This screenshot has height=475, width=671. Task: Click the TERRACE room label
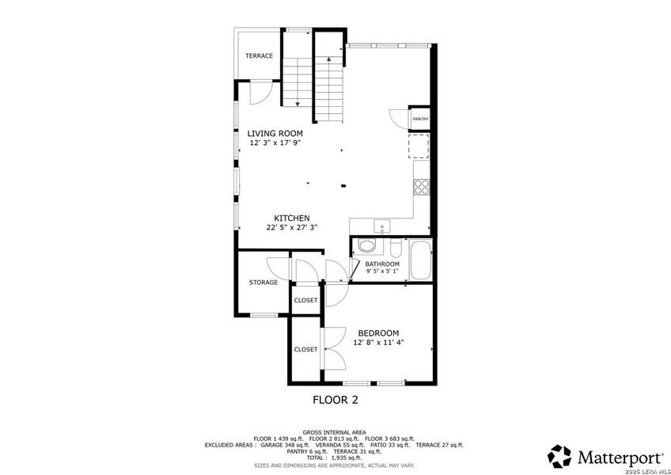click(259, 55)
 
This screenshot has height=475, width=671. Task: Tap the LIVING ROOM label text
click(275, 134)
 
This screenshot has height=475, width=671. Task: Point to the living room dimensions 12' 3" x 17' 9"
click(275, 143)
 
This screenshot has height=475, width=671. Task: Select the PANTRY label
click(420, 120)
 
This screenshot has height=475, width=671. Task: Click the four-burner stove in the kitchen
click(422, 187)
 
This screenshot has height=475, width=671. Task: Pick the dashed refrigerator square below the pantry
click(419, 146)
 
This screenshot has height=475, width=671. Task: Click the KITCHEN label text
click(291, 218)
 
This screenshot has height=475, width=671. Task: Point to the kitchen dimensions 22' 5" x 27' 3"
click(292, 228)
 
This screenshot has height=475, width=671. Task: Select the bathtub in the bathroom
click(419, 260)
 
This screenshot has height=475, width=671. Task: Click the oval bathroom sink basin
click(366, 246)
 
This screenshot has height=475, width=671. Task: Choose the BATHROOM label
click(382, 264)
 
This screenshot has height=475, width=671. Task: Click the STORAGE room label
click(263, 283)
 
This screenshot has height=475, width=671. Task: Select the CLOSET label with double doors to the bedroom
click(305, 349)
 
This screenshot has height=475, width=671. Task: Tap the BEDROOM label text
click(378, 333)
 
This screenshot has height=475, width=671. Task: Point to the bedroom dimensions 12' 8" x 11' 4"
click(378, 343)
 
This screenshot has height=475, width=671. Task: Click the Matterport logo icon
click(560, 456)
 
